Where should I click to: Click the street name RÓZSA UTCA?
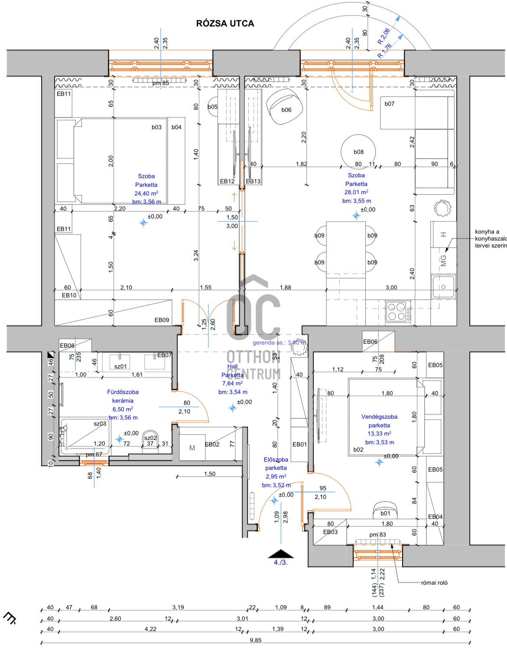point(225,23)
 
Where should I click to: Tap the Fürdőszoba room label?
point(123,392)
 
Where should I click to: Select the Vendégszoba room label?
point(379,416)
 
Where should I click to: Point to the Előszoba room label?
point(276,459)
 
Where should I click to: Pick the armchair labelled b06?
point(282,107)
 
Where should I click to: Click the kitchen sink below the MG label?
point(443,286)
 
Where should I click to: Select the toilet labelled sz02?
point(150,441)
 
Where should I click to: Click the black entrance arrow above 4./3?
point(281,553)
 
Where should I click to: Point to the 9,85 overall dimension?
point(256,640)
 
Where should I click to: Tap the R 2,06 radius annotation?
point(383,36)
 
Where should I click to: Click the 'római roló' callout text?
point(434,582)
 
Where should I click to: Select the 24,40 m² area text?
point(146,193)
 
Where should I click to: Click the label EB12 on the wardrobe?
point(227,181)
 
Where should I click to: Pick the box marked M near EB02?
point(192,448)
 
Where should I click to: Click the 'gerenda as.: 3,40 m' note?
point(279,342)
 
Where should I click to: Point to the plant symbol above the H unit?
point(442,208)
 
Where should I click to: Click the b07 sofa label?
point(390,104)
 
